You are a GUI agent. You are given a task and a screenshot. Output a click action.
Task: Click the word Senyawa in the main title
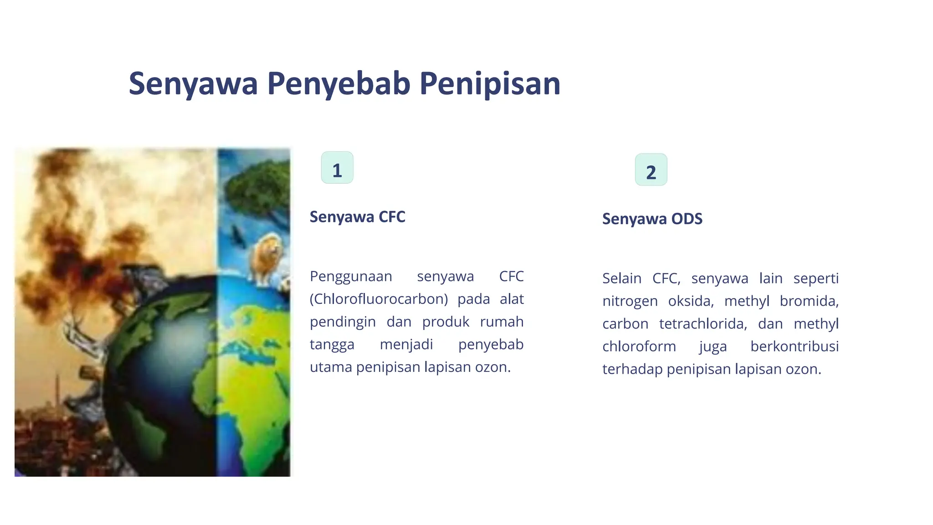coord(193,83)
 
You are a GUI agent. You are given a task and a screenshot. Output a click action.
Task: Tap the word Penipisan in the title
coord(490,83)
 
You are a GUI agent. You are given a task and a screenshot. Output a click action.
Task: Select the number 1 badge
coord(337,168)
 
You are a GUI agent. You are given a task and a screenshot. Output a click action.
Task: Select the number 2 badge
coord(651,170)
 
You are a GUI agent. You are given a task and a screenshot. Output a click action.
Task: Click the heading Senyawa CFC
coord(357,217)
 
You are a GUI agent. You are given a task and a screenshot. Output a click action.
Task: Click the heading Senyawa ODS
coord(652,219)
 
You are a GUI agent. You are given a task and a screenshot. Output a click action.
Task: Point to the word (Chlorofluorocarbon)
coord(379,299)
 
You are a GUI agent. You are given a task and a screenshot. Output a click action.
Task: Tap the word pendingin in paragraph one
coord(343,322)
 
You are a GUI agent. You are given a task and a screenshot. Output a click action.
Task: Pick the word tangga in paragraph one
coord(332,345)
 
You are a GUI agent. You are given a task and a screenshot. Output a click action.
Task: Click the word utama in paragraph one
coord(331,367)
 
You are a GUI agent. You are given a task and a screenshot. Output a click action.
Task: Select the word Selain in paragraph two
coord(621,278)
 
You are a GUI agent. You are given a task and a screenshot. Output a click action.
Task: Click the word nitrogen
coord(630,301)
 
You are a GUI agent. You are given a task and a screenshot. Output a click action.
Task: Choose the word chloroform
coord(639,346)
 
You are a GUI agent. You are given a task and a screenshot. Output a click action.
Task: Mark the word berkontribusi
coord(794,346)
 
